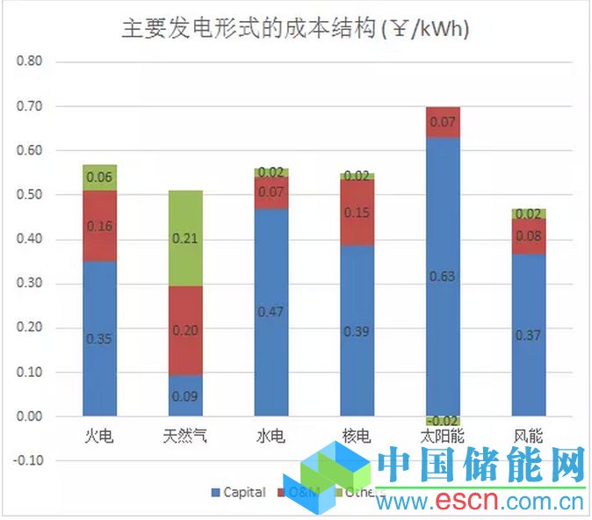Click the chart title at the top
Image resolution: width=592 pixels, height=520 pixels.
296,29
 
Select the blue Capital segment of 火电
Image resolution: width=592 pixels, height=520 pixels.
100,338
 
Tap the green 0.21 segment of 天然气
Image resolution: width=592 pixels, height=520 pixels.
185,238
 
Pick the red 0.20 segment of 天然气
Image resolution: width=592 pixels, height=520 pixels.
185,330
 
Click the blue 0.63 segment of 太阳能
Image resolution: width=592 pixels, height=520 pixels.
443,276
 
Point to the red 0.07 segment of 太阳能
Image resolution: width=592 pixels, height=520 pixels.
443,122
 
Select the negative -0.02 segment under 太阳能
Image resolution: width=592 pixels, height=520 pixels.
443,421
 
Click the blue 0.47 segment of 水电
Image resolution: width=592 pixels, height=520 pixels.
271,312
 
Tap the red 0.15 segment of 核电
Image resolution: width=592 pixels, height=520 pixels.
357,212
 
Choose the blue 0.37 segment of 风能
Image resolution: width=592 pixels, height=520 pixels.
529,335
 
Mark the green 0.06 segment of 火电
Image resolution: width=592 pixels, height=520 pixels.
100,177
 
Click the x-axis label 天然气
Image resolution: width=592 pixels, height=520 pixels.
185,436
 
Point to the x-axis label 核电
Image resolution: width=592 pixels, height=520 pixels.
357,436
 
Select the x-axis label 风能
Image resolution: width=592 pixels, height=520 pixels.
529,436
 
